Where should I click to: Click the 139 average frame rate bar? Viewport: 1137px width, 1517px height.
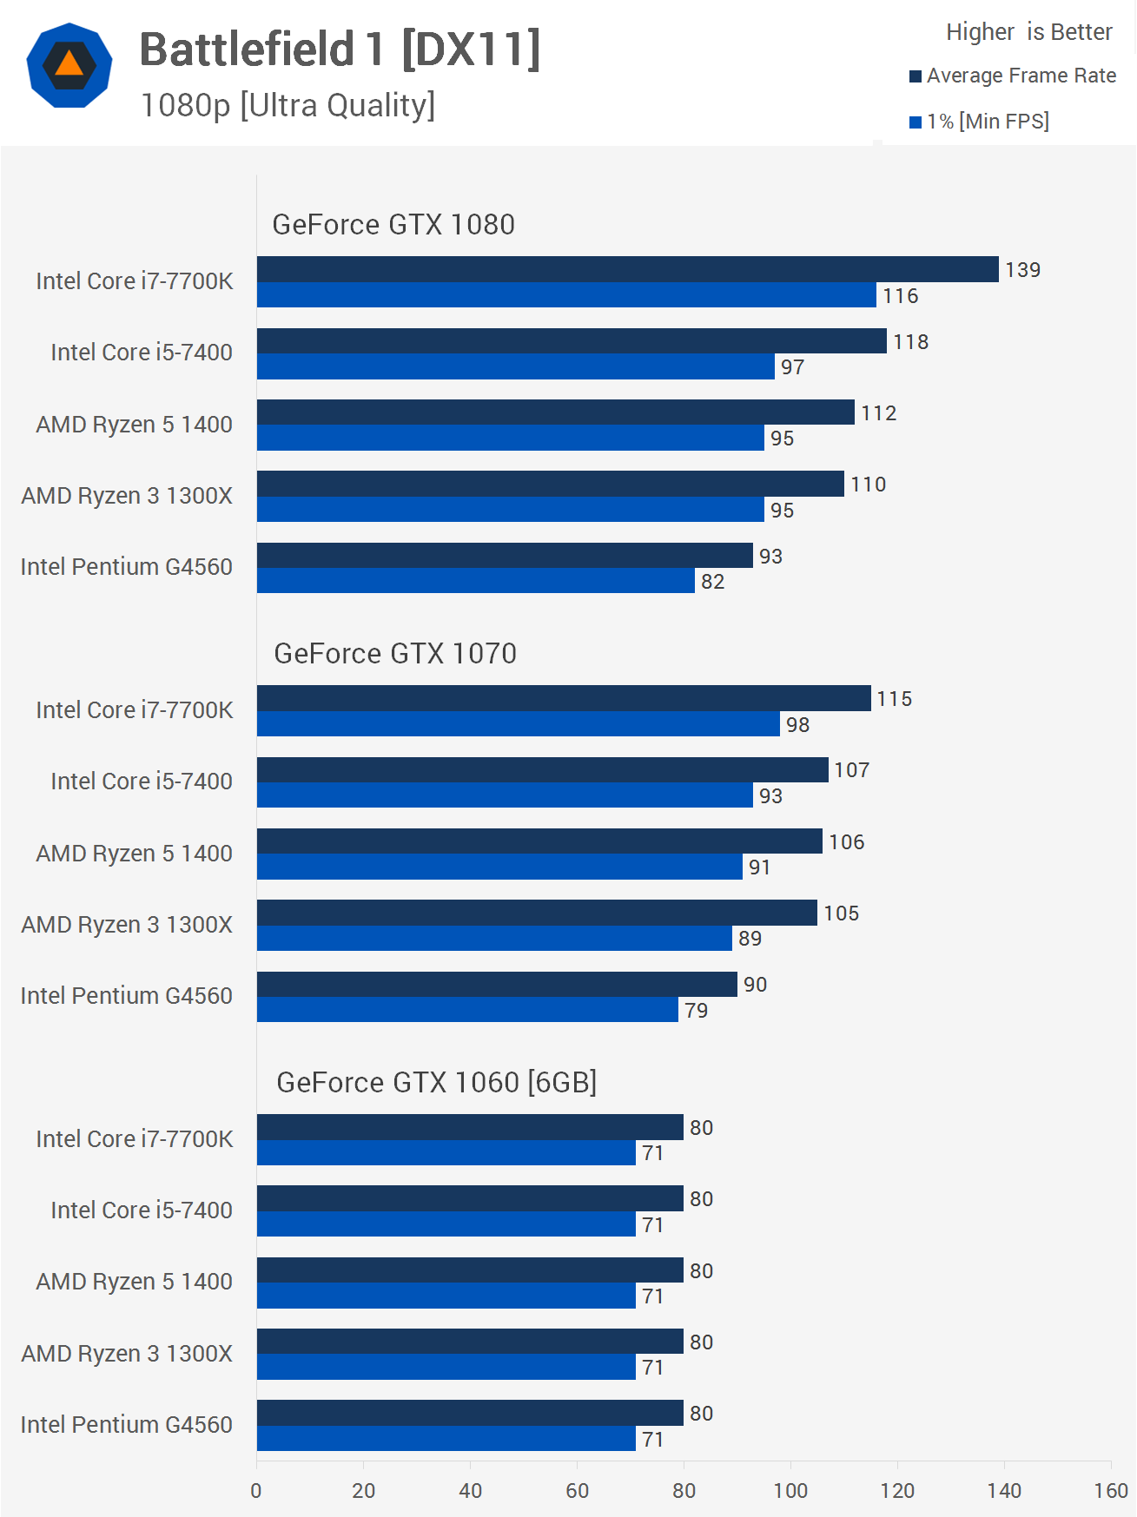point(627,269)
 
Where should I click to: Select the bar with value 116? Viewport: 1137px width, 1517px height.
point(566,295)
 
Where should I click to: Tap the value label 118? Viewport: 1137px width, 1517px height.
point(910,342)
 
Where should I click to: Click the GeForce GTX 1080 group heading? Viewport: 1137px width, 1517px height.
point(393,225)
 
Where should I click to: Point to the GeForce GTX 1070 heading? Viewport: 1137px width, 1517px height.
point(395,654)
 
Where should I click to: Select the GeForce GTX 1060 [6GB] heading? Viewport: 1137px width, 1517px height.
point(436,1083)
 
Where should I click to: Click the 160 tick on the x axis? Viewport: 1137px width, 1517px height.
point(1110,1491)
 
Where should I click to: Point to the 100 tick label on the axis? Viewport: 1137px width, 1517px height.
point(790,1491)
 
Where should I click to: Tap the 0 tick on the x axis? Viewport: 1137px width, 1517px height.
point(256,1491)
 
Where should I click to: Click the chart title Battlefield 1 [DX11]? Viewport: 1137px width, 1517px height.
point(340,49)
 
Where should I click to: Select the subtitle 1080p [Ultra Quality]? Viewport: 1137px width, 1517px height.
point(288,106)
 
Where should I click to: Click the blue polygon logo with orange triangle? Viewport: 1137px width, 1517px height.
point(69,65)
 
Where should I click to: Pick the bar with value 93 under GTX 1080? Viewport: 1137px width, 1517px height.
point(505,556)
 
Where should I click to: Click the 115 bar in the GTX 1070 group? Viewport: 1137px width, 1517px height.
point(564,698)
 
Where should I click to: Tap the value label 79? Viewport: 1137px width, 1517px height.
point(696,1011)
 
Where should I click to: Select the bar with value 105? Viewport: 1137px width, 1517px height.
point(537,913)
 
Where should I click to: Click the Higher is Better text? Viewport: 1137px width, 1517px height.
point(1028,32)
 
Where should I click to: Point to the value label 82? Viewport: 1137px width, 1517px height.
point(712,582)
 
